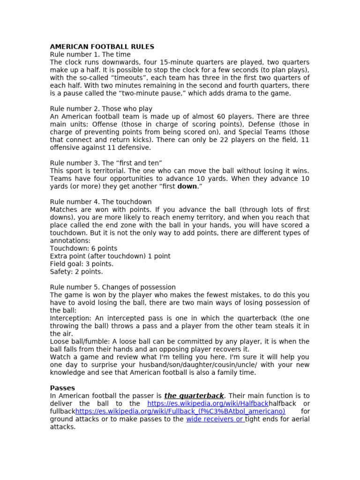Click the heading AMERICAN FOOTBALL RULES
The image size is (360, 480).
[x=102, y=47]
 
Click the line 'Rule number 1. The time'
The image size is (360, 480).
[x=90, y=54]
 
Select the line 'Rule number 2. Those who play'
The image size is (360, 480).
[x=101, y=109]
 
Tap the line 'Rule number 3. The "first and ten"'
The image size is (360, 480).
[x=106, y=163]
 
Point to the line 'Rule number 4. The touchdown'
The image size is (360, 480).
[x=101, y=202]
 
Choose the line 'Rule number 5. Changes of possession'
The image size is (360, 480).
[x=112, y=287]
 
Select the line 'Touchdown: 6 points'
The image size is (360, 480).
[x=83, y=248]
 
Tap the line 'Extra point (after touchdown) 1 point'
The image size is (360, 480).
[x=110, y=256]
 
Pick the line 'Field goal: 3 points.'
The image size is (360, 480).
[x=82, y=264]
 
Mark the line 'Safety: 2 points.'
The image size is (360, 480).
[x=76, y=272]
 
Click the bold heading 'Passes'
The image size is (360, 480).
[x=62, y=388]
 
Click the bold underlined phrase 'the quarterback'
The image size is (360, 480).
[x=194, y=396]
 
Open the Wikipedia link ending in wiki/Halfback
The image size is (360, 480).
[x=208, y=404]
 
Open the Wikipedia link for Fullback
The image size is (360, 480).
[x=180, y=412]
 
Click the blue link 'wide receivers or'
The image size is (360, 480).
[x=215, y=419]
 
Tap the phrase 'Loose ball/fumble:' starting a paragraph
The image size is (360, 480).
[x=80, y=342]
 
